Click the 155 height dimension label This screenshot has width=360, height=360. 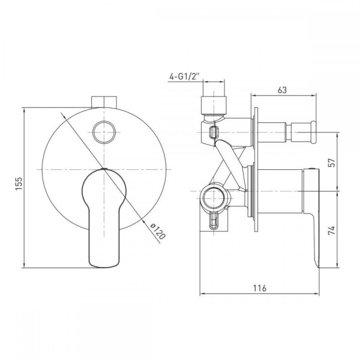coord(19,184)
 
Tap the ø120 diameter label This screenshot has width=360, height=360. coord(158,231)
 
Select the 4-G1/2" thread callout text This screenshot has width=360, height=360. coord(184,76)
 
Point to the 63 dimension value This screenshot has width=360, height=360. coord(282,90)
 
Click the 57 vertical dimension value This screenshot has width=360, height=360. coord(332,163)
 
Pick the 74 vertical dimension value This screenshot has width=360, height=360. coord(332,230)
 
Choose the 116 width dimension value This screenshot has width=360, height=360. coord(260,288)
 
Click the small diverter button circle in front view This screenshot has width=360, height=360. coord(104,132)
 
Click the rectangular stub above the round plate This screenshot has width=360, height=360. coord(104,102)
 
